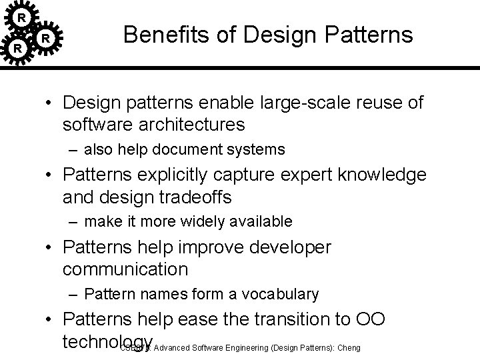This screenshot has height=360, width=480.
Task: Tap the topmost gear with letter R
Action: [x=22, y=17]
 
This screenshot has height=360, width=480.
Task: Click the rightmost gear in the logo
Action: [x=45, y=39]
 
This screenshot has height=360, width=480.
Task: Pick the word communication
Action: [x=125, y=269]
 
